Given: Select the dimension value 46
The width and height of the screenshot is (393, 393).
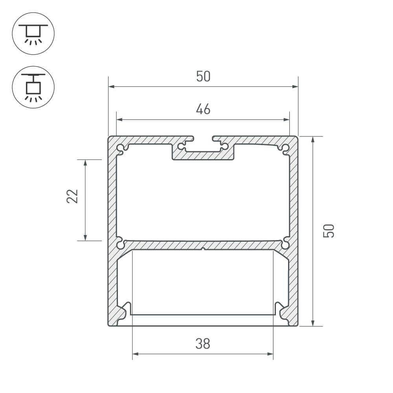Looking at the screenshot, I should (x=203, y=109).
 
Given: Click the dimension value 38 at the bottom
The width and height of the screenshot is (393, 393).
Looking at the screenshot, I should (x=203, y=344).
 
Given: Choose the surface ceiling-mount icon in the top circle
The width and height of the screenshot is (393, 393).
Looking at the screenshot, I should (x=33, y=33).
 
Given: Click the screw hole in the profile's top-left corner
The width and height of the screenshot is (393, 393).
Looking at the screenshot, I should (x=120, y=148).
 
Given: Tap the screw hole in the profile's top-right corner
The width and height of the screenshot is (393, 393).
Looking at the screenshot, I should (x=285, y=148).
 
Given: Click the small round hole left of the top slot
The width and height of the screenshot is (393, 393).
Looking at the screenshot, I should (x=181, y=147).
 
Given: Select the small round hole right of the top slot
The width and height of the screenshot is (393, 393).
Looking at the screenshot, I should (x=225, y=147).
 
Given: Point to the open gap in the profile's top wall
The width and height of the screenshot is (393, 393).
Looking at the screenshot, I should (x=203, y=139).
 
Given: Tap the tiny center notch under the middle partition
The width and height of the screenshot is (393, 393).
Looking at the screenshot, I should (x=203, y=249).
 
